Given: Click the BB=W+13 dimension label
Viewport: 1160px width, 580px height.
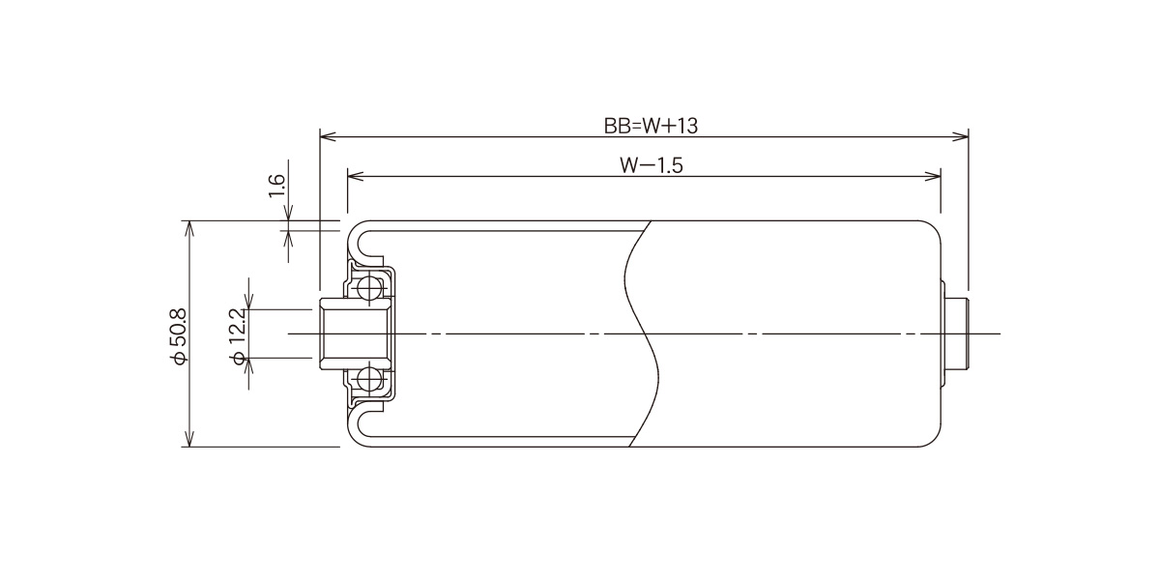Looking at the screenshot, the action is (x=651, y=126).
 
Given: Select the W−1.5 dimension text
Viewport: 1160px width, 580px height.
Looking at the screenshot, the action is (x=651, y=165).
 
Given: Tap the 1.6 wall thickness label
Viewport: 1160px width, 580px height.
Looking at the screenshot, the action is (x=276, y=186).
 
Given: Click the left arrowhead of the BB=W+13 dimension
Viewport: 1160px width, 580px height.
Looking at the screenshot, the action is (x=329, y=136).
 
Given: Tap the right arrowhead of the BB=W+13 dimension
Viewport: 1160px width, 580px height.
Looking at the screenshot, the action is (x=960, y=136).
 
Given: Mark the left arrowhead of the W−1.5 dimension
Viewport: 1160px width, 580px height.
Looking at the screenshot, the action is (x=356, y=176).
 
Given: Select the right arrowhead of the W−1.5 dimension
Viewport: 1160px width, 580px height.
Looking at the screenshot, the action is (x=932, y=176).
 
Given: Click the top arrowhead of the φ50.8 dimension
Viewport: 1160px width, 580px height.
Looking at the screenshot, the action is (x=189, y=229).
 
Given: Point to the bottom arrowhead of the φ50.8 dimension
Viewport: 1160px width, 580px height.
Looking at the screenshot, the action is (x=189, y=438).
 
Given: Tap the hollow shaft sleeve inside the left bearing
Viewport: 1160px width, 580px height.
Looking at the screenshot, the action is (x=354, y=333).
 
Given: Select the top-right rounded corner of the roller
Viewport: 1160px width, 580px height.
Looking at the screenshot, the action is (x=934, y=227).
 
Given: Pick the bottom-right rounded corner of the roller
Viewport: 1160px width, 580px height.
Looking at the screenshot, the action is (x=934, y=440).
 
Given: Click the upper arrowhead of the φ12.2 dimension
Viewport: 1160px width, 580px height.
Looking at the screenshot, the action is (x=249, y=302).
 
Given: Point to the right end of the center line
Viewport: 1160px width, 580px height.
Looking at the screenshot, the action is (x=1000, y=333).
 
